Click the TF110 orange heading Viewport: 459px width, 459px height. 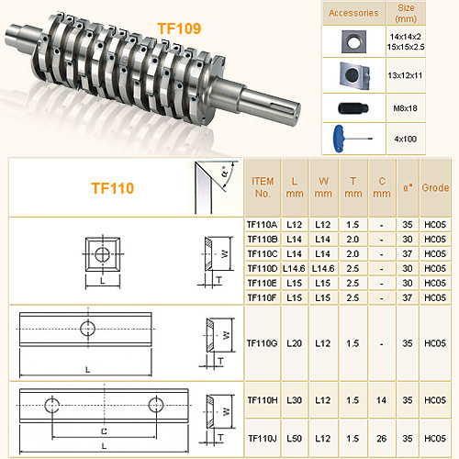[113, 187]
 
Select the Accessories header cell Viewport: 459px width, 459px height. [353, 13]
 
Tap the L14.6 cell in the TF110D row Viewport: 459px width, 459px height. [295, 267]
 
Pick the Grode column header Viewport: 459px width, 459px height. [436, 187]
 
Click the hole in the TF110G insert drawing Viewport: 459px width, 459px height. [87, 328]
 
